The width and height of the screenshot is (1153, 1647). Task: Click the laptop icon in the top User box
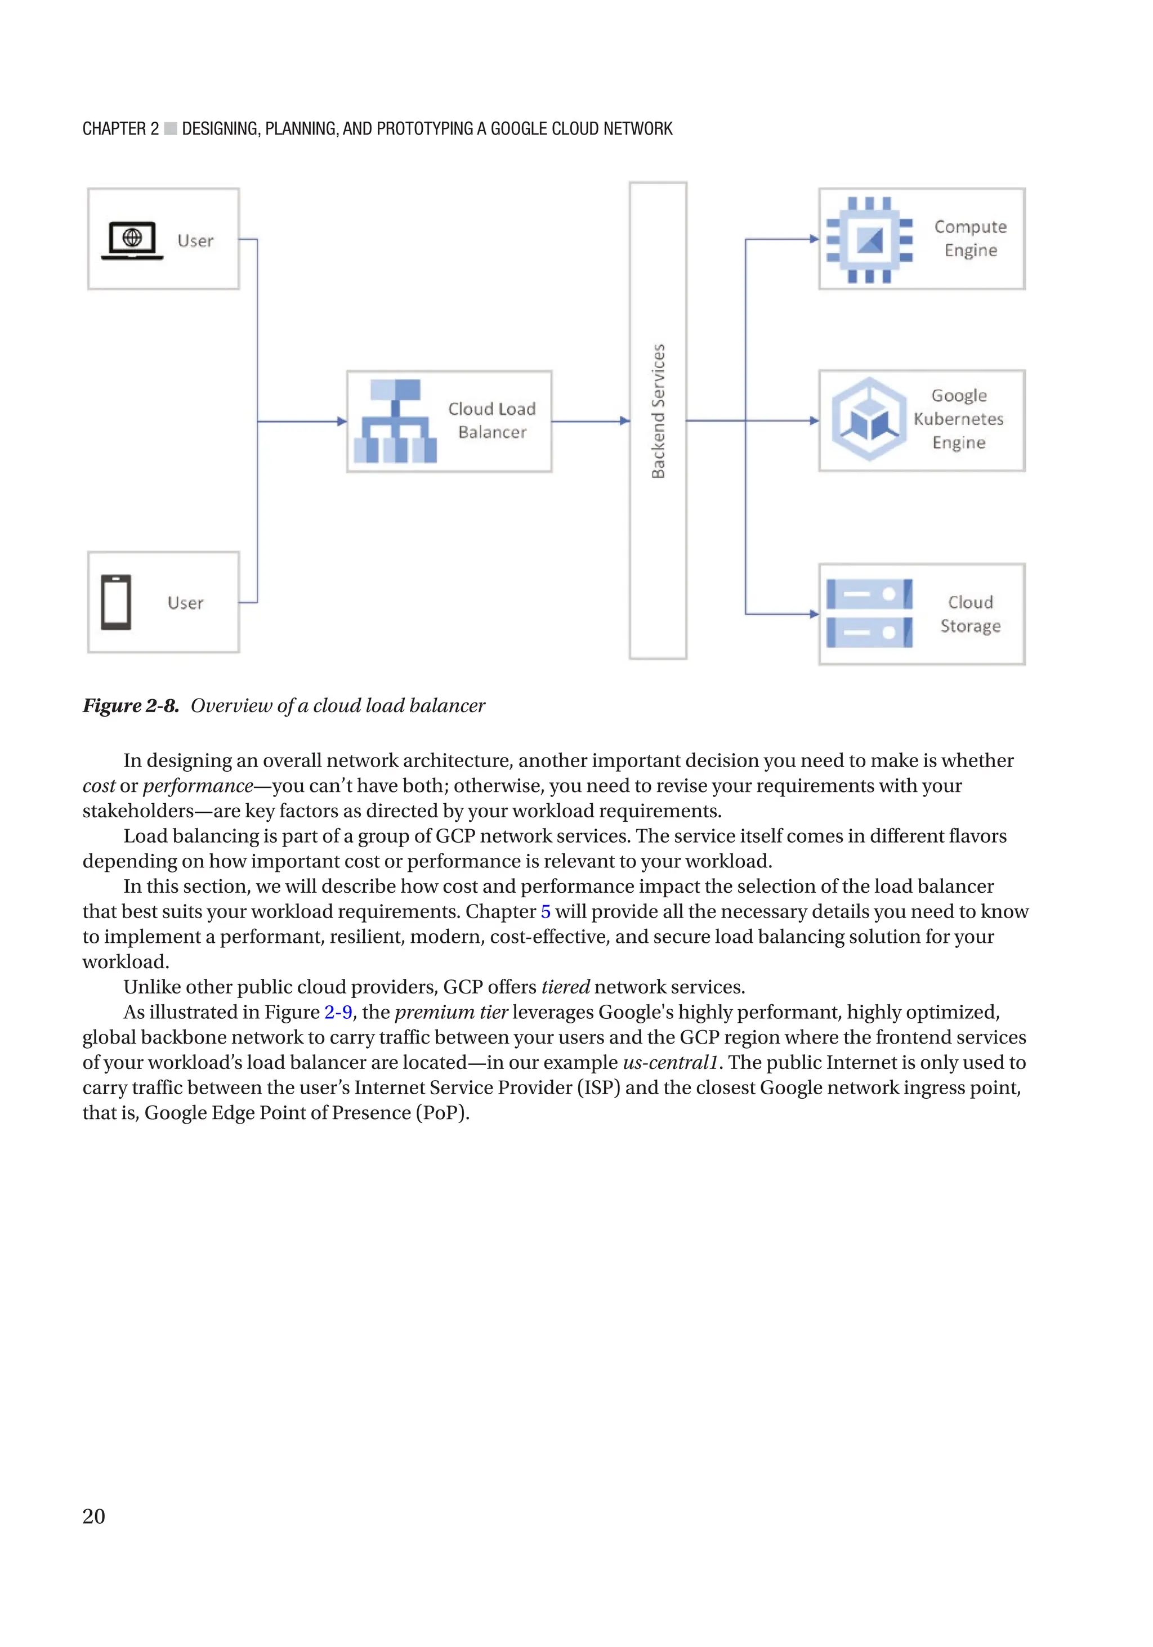(132, 240)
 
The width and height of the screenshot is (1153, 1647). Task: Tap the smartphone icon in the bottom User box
(115, 602)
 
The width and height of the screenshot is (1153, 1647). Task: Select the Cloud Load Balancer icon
(395, 421)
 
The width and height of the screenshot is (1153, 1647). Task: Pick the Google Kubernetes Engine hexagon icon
(869, 420)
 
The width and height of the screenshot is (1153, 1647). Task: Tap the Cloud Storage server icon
(869, 614)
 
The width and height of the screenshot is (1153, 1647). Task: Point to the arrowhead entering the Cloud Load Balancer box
(342, 422)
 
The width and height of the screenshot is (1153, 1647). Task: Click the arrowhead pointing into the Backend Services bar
(625, 421)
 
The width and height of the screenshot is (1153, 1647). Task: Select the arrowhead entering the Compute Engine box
(814, 239)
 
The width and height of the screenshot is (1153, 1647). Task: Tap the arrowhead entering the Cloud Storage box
(814, 614)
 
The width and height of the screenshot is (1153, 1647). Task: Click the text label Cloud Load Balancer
(492, 420)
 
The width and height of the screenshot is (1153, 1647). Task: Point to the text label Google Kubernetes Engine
(959, 419)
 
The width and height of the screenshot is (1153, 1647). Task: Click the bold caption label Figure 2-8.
(131, 706)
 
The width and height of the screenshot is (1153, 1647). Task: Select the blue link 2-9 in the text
(338, 1012)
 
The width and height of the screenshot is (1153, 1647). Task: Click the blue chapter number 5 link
(546, 912)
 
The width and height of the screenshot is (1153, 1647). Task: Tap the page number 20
(94, 1516)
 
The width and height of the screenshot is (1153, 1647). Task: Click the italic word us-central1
(670, 1062)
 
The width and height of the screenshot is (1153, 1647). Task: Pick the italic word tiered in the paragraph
(565, 987)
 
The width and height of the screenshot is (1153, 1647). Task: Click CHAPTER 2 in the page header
(120, 129)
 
